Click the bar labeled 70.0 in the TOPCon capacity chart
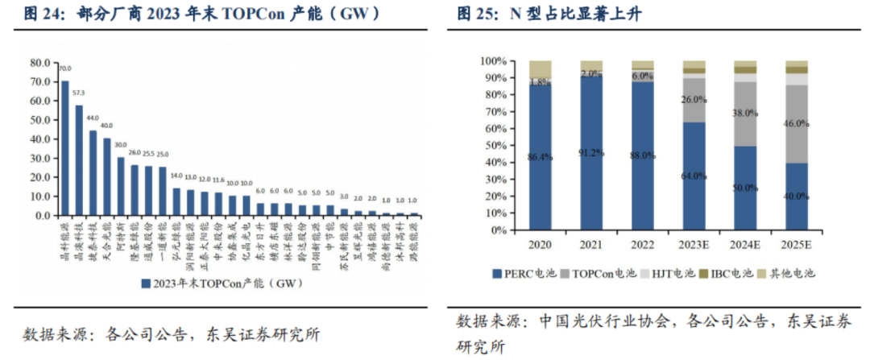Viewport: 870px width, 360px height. pos(65,148)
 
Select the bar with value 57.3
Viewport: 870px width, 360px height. pos(79,160)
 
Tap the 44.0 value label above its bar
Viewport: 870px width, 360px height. pos(93,118)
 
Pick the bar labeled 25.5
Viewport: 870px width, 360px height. pos(149,191)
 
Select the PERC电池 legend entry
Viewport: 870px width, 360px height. pos(516,273)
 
